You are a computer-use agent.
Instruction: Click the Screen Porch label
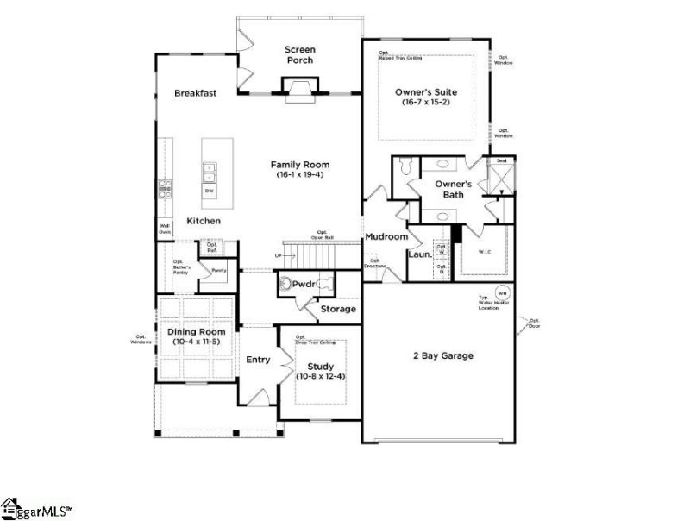(299, 55)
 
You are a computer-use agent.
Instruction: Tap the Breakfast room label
(195, 93)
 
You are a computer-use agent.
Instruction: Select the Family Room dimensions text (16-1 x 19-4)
(299, 175)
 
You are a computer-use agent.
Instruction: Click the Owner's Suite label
(426, 91)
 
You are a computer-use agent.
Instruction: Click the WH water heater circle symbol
(501, 292)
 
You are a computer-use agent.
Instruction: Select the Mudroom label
(386, 236)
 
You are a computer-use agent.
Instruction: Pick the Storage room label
(338, 309)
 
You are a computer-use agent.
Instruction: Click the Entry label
(258, 360)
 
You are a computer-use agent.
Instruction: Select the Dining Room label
(196, 332)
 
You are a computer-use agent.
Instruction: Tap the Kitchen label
(204, 221)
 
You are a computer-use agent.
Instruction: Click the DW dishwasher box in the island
(209, 190)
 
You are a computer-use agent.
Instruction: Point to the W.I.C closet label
(485, 252)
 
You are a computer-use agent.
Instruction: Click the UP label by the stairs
(278, 256)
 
